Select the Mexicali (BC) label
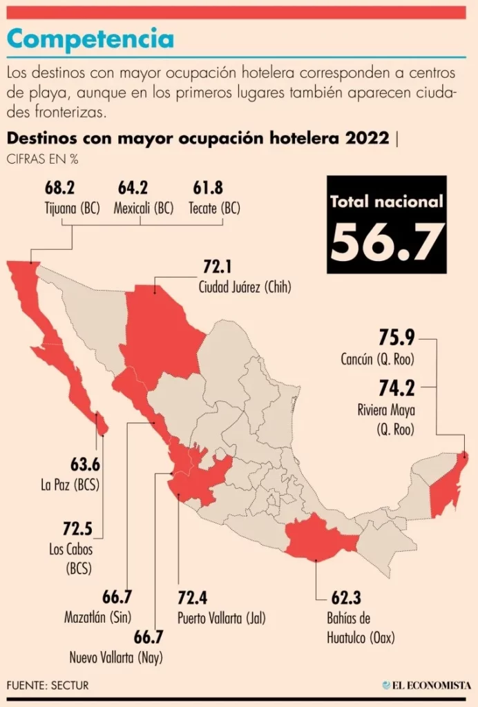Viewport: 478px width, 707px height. coord(144,207)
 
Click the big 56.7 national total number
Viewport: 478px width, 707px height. coord(387,242)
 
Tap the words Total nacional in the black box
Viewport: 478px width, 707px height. coord(387,202)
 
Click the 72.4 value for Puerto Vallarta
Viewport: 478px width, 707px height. coord(195,597)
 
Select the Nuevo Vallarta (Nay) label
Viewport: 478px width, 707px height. coord(115,657)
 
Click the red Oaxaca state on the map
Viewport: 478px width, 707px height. coord(318,538)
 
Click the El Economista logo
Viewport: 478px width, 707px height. coord(427,685)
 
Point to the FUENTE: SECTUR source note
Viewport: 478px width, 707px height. coord(48,685)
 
